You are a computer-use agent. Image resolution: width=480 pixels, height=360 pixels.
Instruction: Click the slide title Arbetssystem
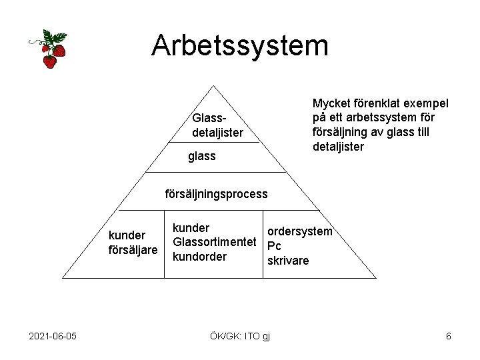tap(240, 45)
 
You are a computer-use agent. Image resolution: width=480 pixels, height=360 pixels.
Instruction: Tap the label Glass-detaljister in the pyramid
tap(217, 125)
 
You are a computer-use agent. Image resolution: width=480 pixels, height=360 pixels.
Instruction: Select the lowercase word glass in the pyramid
tap(202, 156)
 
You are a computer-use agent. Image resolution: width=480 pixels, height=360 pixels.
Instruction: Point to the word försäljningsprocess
tap(216, 194)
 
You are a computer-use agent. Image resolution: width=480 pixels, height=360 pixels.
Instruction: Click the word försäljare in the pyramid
tap(133, 249)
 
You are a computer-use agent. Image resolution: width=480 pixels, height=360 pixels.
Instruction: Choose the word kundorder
tap(199, 257)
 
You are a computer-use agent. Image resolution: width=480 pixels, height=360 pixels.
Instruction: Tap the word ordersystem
tap(299, 231)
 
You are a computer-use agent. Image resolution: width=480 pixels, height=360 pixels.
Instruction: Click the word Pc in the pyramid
tap(273, 246)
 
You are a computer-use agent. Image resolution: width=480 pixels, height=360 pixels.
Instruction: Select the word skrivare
tap(288, 261)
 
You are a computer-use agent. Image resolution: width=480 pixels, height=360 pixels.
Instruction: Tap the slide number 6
tap(449, 336)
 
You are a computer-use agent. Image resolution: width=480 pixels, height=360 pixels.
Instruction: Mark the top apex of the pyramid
tap(213, 86)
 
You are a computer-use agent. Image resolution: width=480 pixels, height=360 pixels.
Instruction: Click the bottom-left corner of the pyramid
tap(62, 277)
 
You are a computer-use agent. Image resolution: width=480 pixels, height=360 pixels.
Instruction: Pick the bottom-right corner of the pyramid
tap(375, 277)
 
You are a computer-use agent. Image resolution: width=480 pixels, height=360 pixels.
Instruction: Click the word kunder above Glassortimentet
tap(191, 228)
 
